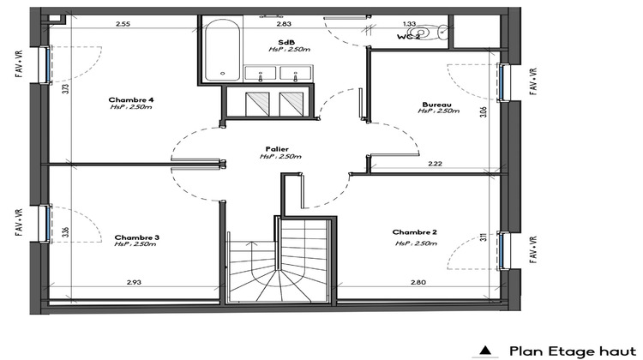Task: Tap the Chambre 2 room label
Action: pyautogui.click(x=414, y=233)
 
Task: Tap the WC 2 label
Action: pyautogui.click(x=409, y=38)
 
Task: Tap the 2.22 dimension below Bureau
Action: pyautogui.click(x=435, y=164)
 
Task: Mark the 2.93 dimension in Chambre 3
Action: pyautogui.click(x=134, y=282)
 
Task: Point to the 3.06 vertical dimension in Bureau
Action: pyautogui.click(x=484, y=111)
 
